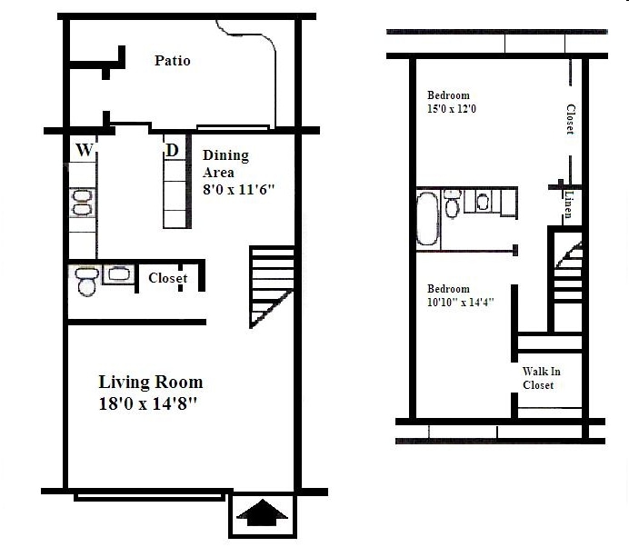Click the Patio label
pos(172,61)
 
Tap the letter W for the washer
pos(84,150)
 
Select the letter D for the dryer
pos(171,150)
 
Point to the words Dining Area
pos(225,164)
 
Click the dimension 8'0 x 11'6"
pos(238,190)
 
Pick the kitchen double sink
pos(82,202)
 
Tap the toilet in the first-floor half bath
pos(88,283)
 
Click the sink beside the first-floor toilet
pos(118,274)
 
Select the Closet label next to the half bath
pos(167,278)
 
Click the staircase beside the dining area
pos(271,285)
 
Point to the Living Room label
pos(150,382)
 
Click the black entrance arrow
pos(262,515)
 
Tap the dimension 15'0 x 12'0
pos(452,109)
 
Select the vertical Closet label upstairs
pos(570,119)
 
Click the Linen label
pos(568,205)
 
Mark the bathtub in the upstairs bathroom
pos(427,218)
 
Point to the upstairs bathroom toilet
pos(452,202)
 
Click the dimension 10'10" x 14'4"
pos(461,303)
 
